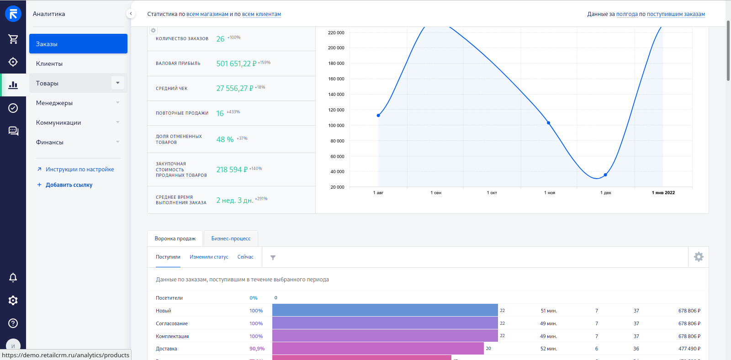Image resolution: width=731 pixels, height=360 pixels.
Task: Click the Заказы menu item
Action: pos(78,44)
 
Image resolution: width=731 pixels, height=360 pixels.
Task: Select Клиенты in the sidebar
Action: pos(49,64)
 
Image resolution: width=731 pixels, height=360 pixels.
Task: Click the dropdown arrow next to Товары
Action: pos(117,83)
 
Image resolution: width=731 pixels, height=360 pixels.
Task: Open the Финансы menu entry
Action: pos(50,142)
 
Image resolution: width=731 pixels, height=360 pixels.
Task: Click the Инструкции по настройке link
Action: pos(79,169)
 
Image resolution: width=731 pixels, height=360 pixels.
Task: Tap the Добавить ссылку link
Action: pos(69,185)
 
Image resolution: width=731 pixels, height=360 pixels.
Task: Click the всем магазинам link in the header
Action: pos(207,14)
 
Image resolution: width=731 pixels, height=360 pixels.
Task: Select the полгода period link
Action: pos(627,14)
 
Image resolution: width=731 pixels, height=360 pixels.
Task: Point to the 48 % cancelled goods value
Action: pos(225,139)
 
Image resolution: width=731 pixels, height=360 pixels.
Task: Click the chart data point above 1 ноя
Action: pos(549,123)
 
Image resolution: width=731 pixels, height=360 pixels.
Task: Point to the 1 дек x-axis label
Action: pos(605,193)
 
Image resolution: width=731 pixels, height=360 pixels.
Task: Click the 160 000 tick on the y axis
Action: pos(336,79)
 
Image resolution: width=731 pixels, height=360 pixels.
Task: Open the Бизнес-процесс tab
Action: pos(231,238)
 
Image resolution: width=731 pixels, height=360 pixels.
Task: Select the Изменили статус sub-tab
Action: pos(209,257)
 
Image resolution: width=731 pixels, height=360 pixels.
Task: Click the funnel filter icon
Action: pos(273,258)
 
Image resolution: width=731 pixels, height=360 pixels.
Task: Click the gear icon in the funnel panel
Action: pos(699,257)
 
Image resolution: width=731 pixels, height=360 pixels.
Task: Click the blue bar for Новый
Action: pos(385,310)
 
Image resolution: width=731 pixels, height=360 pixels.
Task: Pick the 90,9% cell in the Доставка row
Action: pos(257,349)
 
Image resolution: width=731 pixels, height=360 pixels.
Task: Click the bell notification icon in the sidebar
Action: pos(13,277)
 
